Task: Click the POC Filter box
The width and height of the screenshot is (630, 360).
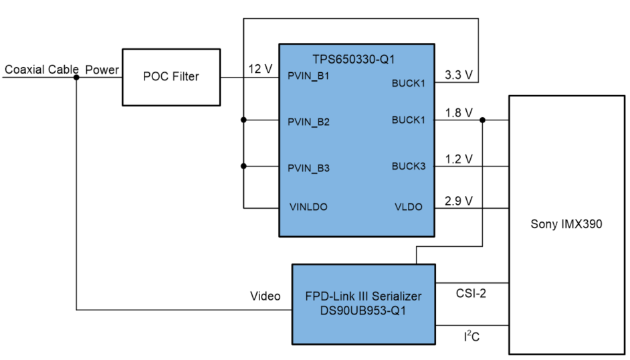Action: (171, 76)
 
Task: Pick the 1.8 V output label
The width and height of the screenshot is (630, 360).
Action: (458, 112)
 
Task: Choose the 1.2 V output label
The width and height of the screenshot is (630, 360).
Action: (458, 159)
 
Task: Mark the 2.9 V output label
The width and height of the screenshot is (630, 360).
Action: (458, 200)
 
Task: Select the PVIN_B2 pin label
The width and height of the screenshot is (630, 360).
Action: (308, 122)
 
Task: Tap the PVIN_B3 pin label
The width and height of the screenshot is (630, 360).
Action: (308, 168)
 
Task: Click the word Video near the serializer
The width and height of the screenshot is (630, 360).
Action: (265, 295)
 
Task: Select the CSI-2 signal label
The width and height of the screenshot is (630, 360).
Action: (470, 292)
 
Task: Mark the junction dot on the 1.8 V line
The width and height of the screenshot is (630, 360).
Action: (483, 120)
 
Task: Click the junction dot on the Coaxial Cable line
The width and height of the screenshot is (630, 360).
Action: (77, 77)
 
